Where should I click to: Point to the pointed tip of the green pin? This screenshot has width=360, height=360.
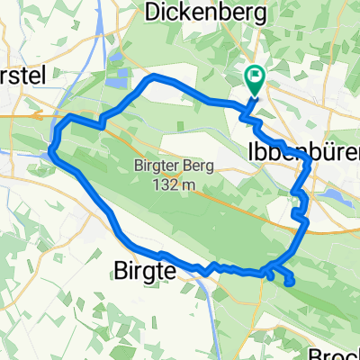coord(255,95)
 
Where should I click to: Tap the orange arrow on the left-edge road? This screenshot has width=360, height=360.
coord(37,114)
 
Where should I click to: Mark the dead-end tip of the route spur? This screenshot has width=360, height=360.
coord(291,283)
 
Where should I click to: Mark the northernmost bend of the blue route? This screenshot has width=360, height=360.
coord(154,76)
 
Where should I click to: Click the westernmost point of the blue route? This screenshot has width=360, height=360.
coord(51,149)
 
